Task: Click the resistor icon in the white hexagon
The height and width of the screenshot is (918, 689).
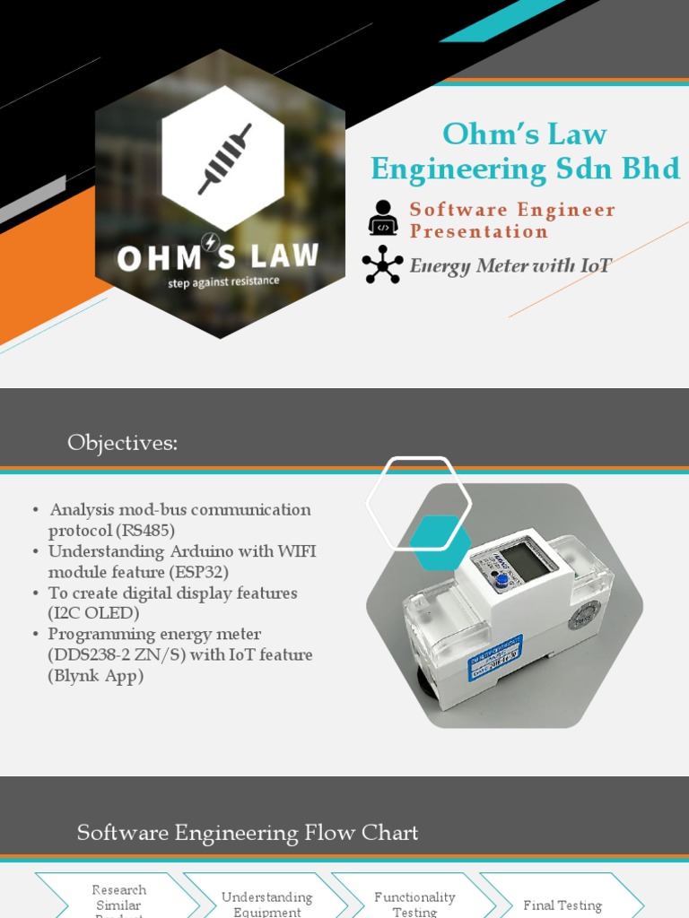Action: point(224,159)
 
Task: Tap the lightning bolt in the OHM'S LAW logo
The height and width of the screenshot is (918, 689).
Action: point(210,242)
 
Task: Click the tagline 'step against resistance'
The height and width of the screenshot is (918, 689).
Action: point(223,281)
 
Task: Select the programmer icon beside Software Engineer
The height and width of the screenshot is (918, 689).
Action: point(383,218)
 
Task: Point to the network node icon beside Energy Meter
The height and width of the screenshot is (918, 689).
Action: point(383,265)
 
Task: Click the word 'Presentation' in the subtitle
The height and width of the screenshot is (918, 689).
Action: point(478,231)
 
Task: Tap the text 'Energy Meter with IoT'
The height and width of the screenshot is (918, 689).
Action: point(510,265)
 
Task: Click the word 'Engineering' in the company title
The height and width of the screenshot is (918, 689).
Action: point(458,169)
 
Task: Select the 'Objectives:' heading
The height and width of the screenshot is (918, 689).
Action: point(122,443)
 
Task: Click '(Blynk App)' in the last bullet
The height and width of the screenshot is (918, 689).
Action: point(96,675)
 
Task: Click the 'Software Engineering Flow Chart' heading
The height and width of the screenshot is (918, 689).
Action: point(248,833)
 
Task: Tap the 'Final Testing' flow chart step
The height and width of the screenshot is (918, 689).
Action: point(563,905)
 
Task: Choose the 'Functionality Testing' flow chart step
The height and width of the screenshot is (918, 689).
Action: point(414,904)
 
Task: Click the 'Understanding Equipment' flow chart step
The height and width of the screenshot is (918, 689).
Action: point(266,904)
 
